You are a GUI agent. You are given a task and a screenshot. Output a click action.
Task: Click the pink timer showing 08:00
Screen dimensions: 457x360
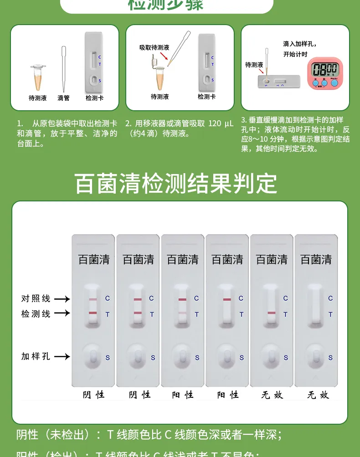[x=324, y=72]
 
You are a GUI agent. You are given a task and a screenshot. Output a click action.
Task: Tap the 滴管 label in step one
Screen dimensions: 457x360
[x=63, y=98]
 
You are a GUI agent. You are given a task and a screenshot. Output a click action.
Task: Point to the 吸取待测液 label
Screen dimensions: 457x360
[x=154, y=47]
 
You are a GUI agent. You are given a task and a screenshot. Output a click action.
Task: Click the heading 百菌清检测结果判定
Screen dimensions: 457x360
[x=176, y=183]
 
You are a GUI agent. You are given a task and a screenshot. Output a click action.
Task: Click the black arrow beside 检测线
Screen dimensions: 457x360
[x=62, y=313]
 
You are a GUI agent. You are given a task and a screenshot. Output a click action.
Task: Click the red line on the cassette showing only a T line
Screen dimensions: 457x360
[x=272, y=313]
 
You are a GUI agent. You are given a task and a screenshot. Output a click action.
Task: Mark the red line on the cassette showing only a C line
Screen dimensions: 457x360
[x=227, y=299]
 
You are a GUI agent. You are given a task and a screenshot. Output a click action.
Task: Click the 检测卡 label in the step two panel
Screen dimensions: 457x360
[x=206, y=97]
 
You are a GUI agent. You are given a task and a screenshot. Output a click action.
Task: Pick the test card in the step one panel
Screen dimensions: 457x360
[x=94, y=62]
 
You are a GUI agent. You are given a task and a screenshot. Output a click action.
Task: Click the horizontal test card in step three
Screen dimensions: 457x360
[x=278, y=82]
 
